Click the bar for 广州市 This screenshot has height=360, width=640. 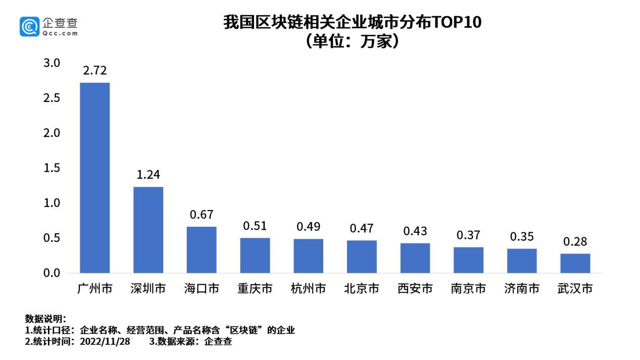[x=95, y=178]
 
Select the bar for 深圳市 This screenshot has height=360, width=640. [x=148, y=230]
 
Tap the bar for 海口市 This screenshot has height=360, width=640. [x=202, y=250]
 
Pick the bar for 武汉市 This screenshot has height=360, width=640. [x=575, y=263]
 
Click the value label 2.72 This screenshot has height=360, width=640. [x=95, y=71]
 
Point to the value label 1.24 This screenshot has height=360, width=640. [x=148, y=175]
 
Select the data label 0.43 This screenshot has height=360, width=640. [x=415, y=231]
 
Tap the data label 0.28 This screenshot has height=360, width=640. [x=575, y=242]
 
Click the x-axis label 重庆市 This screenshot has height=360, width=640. [x=255, y=289]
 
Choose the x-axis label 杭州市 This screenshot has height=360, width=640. [x=308, y=289]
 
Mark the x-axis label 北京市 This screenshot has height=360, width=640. [x=362, y=289]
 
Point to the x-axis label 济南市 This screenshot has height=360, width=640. [x=522, y=289]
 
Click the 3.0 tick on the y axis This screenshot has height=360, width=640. [x=52, y=63]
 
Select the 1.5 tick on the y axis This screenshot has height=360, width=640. [x=52, y=168]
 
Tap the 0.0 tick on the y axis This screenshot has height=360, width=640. [x=52, y=273]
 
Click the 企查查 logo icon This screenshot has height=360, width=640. [x=30, y=26]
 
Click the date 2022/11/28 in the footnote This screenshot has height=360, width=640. [x=108, y=342]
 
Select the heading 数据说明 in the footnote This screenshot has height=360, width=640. [x=44, y=319]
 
